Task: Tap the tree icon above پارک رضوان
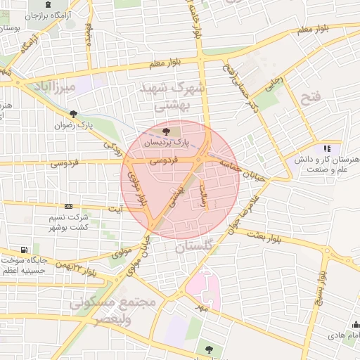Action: (x=73, y=113)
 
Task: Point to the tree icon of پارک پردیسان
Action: (x=166, y=131)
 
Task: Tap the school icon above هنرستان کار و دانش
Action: (x=326, y=148)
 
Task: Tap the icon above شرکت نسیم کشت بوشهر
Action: (x=68, y=206)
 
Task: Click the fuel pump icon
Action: (x=25, y=250)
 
